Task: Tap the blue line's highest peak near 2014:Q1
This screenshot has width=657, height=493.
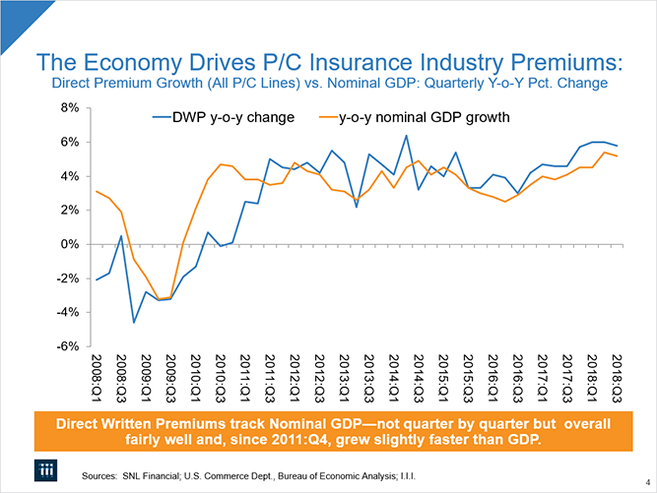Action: [406, 136]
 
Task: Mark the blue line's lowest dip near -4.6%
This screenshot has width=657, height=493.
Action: [133, 322]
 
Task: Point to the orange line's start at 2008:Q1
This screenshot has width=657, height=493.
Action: [96, 192]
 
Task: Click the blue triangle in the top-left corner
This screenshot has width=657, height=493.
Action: [12, 11]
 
